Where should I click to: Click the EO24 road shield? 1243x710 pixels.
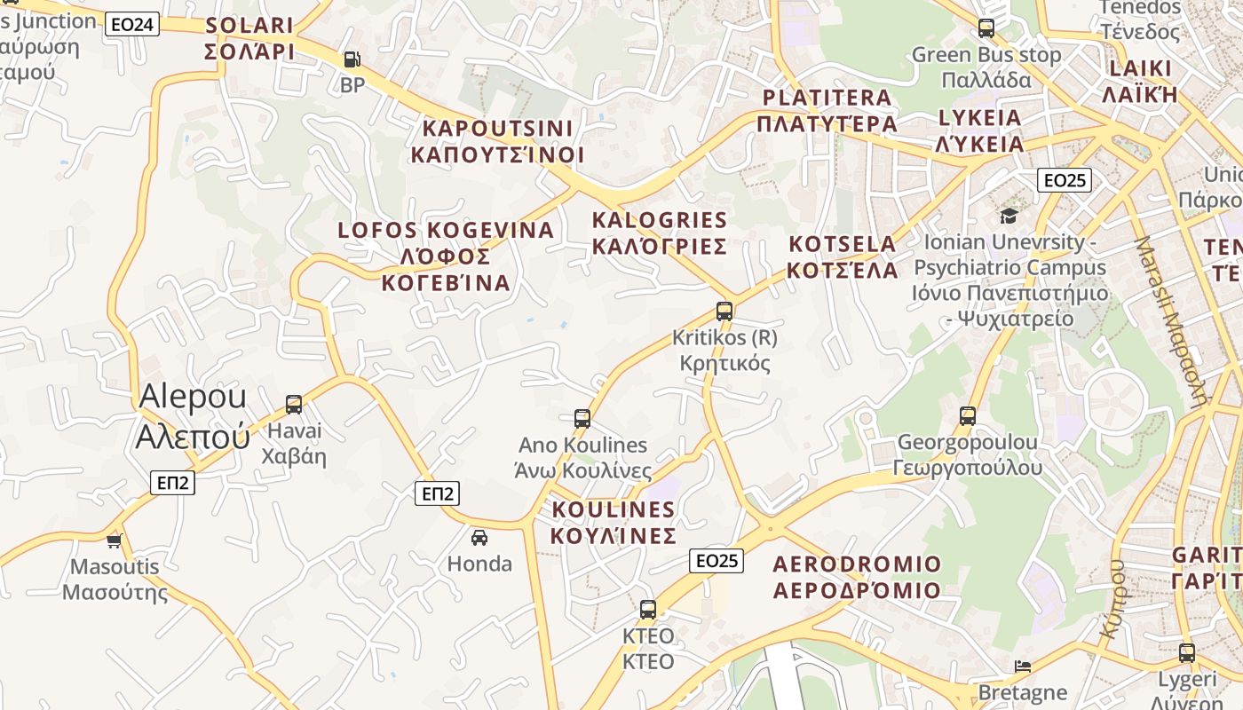[132, 24]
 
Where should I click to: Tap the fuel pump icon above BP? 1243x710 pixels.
[352, 59]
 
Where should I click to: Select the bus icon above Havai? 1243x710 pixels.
[294, 405]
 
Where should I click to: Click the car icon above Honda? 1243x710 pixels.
[479, 537]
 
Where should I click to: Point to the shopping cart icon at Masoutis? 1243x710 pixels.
[114, 540]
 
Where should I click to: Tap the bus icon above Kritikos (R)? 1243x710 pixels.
[724, 312]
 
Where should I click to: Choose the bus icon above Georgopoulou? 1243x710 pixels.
[968, 415]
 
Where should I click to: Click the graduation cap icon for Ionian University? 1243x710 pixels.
[1009, 216]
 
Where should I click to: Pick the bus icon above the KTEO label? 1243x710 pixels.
[648, 610]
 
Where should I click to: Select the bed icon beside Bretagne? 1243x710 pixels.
[1023, 667]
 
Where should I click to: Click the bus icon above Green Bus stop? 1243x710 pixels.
[986, 28]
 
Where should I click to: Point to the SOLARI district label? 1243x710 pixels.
[249, 38]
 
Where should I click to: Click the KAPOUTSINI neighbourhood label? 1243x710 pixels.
[497, 141]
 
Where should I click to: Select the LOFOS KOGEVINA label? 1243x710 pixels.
[446, 256]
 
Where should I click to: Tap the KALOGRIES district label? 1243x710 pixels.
[660, 233]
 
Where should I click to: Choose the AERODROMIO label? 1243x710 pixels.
[857, 577]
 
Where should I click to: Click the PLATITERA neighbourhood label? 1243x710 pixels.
[827, 110]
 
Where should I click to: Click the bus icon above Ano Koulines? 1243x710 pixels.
[582, 419]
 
